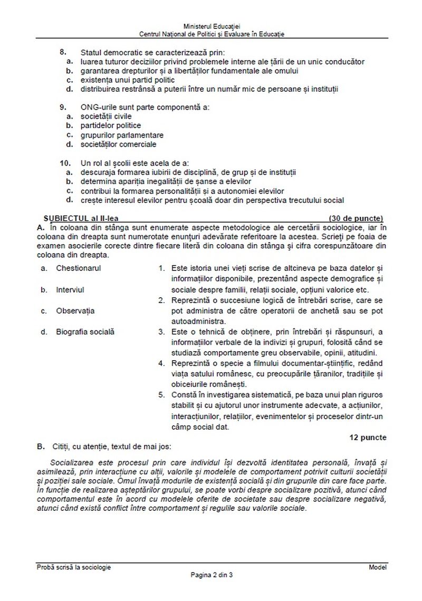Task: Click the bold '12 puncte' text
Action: [368, 437]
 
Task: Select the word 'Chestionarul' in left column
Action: [79, 268]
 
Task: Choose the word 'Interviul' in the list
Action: [70, 289]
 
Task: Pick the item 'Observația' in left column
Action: [75, 311]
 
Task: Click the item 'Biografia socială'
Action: [85, 332]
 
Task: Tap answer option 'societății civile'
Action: [106, 116]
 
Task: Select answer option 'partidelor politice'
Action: [111, 125]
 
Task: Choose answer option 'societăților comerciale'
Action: [118, 144]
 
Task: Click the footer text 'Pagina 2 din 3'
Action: [212, 575]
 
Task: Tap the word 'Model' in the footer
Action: [378, 567]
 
